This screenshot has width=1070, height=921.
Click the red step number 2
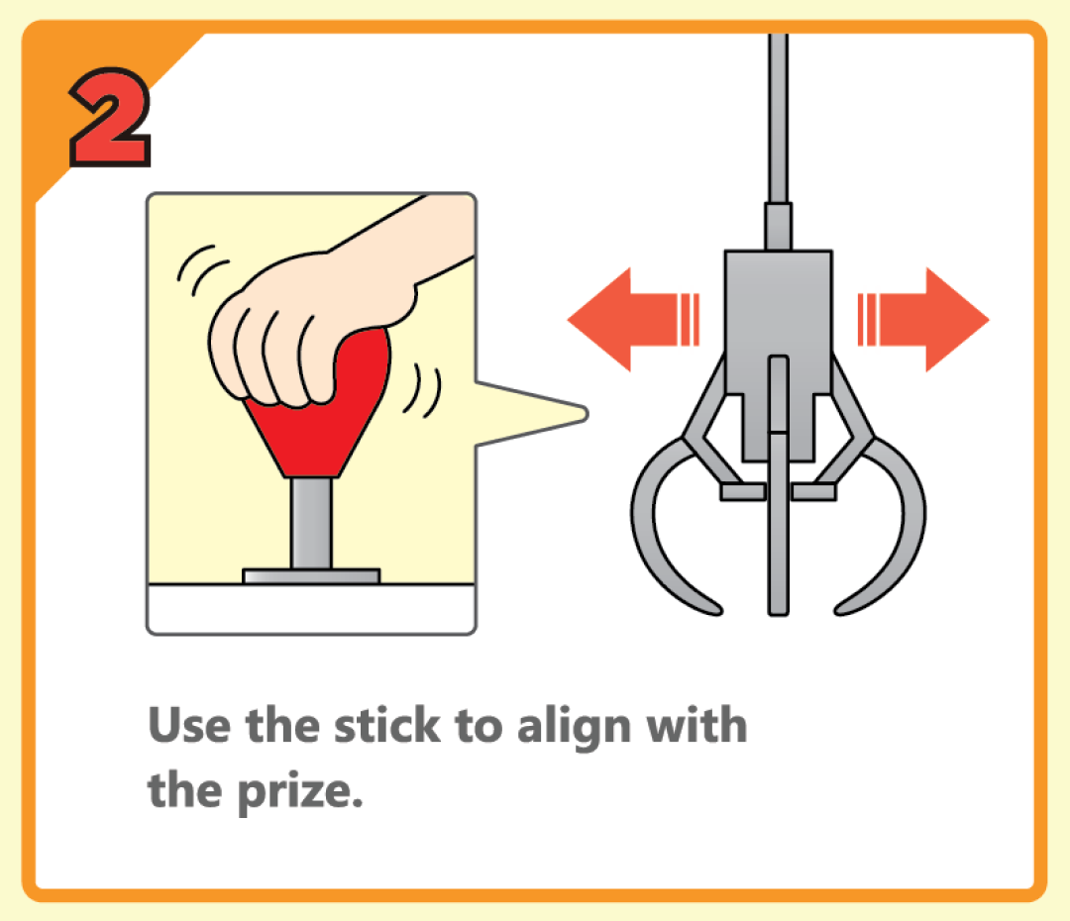coord(109,117)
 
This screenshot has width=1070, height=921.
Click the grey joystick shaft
coord(311,524)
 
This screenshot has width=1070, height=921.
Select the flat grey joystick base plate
coord(311,576)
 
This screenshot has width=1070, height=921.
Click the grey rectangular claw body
coord(778,321)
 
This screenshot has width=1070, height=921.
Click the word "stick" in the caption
coord(387,725)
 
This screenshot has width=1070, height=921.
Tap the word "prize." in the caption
coord(300,792)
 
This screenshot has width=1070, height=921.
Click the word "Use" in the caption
coord(189,725)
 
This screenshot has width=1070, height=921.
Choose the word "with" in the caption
coord(696,725)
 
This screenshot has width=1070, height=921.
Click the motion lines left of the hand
coord(202,270)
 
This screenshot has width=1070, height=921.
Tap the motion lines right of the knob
coord(423,390)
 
